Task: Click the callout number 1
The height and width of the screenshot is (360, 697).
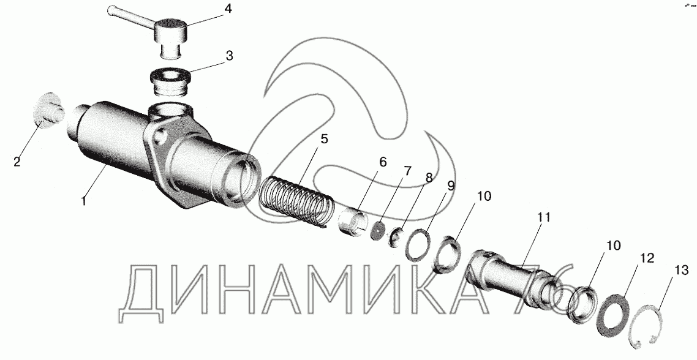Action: click(x=83, y=200)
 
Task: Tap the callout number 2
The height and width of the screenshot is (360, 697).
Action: click(x=17, y=162)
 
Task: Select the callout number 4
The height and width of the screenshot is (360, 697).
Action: click(x=227, y=9)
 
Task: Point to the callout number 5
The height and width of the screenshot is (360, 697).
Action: click(x=324, y=139)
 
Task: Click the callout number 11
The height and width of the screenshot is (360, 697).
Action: click(x=544, y=217)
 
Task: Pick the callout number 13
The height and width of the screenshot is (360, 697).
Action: click(x=682, y=270)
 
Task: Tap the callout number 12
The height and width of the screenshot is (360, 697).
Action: click(x=647, y=258)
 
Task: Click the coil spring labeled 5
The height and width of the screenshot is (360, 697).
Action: click(x=295, y=202)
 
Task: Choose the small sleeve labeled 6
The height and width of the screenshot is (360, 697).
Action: click(x=353, y=222)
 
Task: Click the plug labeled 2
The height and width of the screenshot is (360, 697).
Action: click(x=48, y=111)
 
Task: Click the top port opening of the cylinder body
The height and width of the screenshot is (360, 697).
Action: click(x=171, y=109)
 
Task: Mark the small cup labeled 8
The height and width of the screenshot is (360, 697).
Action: click(x=396, y=238)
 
